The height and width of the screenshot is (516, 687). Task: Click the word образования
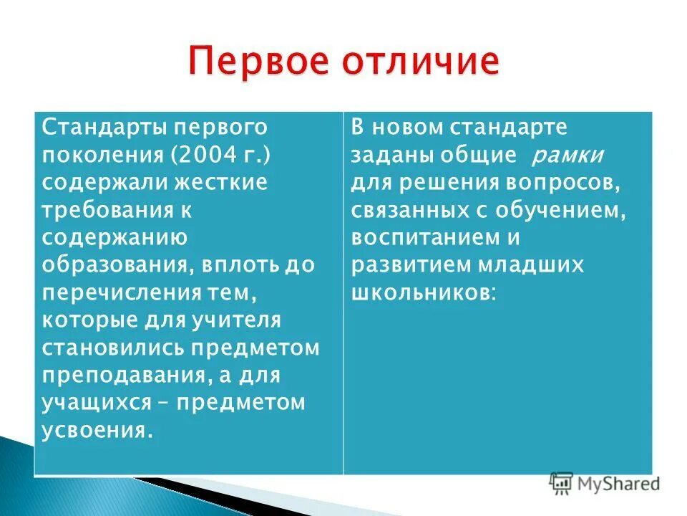point(114,264)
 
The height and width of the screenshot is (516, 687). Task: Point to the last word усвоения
point(97,430)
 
